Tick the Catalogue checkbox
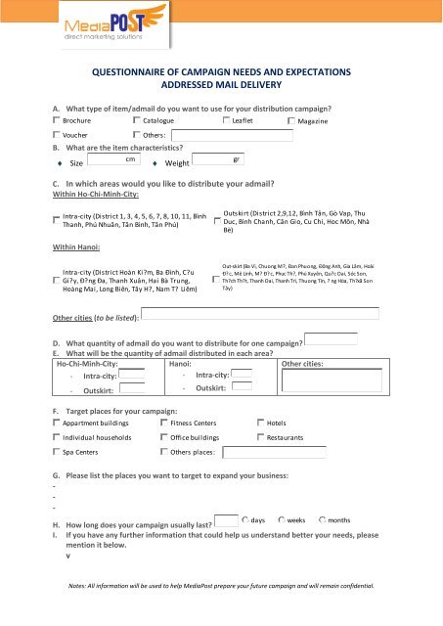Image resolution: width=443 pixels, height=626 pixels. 136,119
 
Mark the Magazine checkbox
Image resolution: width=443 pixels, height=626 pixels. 290,120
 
